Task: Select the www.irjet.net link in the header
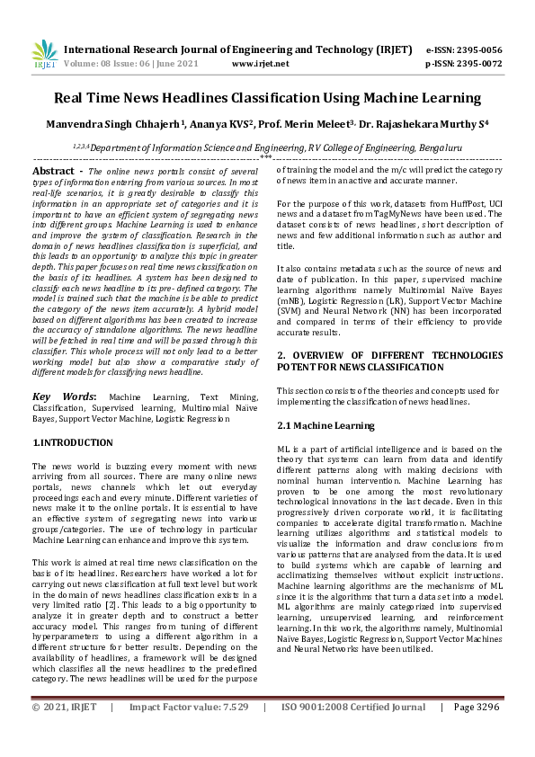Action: tap(261, 65)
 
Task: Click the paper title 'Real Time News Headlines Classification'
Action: tap(267, 98)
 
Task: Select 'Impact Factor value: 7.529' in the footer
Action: tap(189, 733)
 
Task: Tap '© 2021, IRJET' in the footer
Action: tap(64, 733)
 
